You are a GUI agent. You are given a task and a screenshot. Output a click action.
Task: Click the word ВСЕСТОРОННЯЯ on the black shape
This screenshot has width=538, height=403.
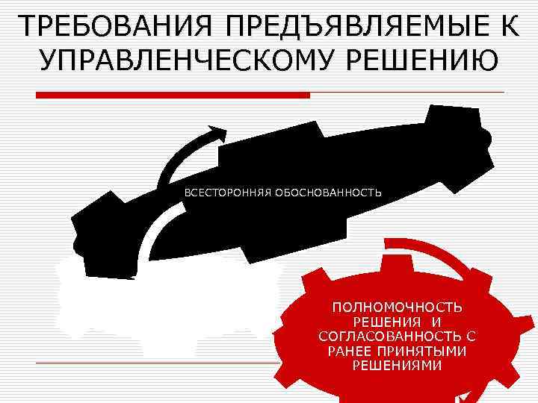point(228,193)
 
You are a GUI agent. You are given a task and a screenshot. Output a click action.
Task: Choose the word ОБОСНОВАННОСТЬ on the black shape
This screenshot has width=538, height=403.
point(328,193)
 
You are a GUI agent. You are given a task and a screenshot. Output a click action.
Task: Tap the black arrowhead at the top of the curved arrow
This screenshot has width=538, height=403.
point(218,134)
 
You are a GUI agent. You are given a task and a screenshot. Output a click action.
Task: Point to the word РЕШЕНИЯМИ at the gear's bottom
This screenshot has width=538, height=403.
point(397,366)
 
